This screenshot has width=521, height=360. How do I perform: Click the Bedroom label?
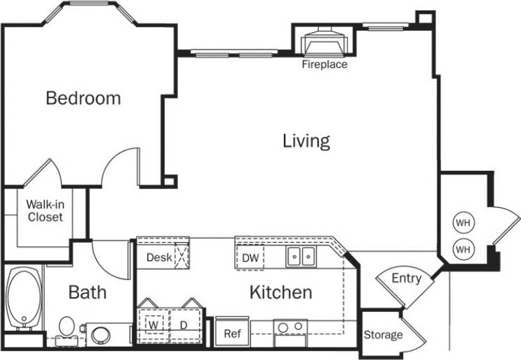[83, 98]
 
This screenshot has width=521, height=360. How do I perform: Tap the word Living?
[305, 142]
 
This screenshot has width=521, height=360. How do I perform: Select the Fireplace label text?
[324, 65]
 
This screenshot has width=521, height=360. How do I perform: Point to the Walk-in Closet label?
[45, 211]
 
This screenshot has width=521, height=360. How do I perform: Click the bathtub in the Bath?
[24, 300]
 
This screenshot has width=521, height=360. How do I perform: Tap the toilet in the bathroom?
[67, 327]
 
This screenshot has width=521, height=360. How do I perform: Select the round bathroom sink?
[100, 334]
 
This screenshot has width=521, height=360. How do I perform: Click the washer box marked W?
[153, 325]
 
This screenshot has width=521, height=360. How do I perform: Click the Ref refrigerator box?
[232, 333]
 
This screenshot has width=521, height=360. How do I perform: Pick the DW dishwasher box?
[251, 258]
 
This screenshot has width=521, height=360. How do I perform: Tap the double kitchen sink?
[302, 257]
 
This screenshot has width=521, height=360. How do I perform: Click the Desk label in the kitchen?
[159, 257]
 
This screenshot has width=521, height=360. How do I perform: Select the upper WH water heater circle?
[463, 223]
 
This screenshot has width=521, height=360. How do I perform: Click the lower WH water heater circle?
[463, 248]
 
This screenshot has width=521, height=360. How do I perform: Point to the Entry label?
[406, 279]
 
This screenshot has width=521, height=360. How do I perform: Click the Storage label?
[383, 336]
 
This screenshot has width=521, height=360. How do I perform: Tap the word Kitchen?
[280, 292]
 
